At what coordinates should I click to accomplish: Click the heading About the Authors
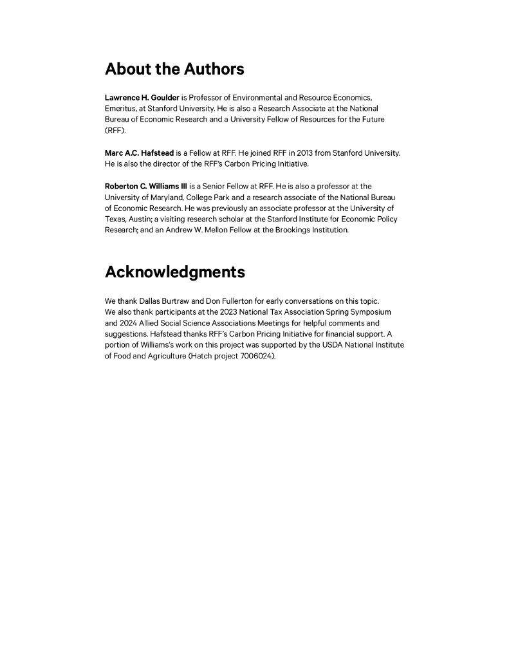(174, 69)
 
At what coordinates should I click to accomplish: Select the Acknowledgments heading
(174, 272)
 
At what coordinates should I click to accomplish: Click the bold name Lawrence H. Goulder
(142, 98)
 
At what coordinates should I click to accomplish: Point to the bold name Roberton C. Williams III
(145, 186)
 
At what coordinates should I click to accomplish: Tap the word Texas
(116, 219)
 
